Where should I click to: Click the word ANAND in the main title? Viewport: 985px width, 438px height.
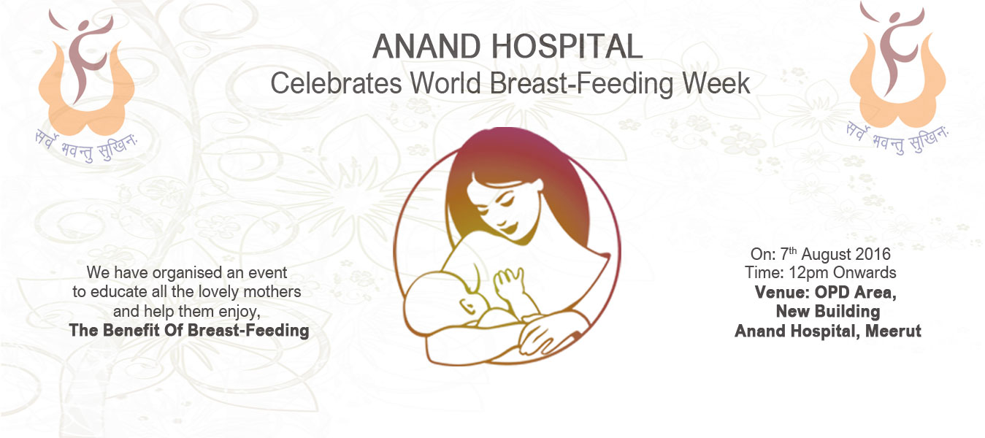[426, 47]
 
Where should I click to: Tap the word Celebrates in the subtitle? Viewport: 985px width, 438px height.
[336, 83]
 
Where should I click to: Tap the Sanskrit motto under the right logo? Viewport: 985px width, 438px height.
[897, 139]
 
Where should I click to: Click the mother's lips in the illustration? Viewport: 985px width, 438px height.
[510, 228]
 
